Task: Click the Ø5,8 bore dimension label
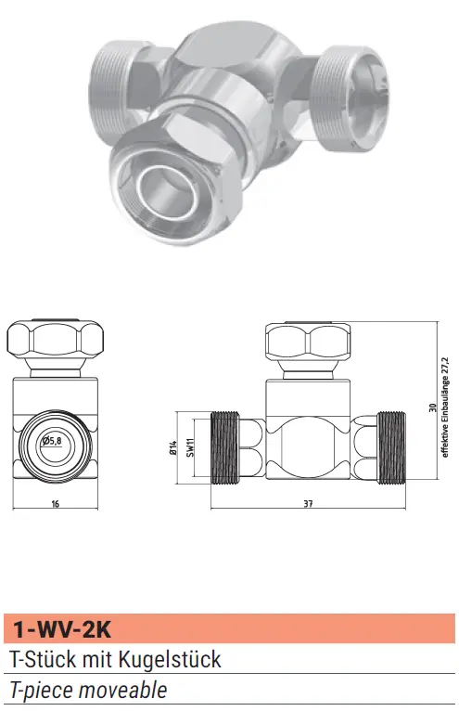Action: (52, 440)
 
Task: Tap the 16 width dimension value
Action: (56, 504)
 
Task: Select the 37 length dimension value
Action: (308, 504)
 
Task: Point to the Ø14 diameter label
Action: (172, 447)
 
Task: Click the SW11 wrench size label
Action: (191, 447)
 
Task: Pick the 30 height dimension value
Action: (432, 407)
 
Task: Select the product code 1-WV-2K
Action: (61, 629)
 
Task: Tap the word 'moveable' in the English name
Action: (122, 690)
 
